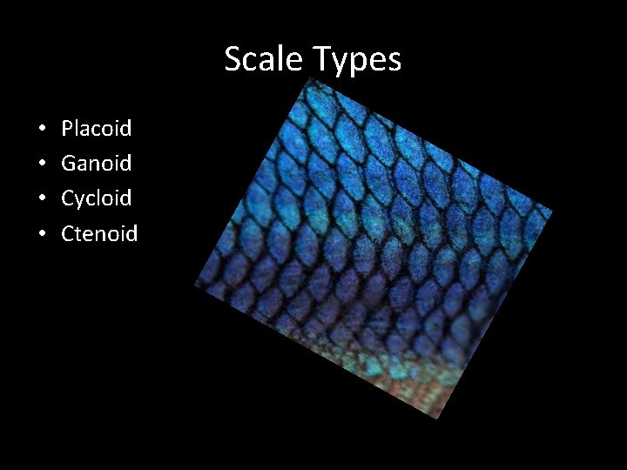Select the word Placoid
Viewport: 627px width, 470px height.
pos(96,129)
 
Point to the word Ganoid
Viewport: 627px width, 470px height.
pos(96,163)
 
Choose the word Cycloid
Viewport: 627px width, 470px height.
pos(96,198)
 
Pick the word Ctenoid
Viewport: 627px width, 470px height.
pos(99,232)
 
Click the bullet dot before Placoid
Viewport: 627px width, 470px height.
pos(43,130)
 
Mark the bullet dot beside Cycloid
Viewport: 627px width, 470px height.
pos(43,199)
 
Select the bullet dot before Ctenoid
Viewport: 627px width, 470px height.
pos(43,234)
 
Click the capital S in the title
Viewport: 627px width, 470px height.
pos(233,59)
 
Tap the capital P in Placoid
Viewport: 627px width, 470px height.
pos(68,129)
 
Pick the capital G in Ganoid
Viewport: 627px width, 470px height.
pos(70,163)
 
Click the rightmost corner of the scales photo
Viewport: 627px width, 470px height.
pos(552,210)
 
